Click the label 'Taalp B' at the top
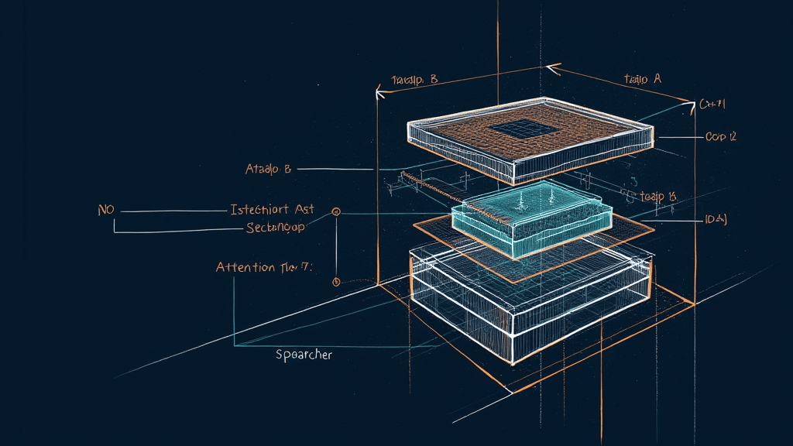[x=414, y=79]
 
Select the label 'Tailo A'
[x=642, y=79]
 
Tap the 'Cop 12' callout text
[x=720, y=137]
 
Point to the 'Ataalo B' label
[x=268, y=169]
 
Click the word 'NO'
[x=106, y=210]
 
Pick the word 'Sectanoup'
[x=276, y=228]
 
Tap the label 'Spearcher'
[x=304, y=355]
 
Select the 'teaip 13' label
[x=658, y=197]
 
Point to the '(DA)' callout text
[x=715, y=220]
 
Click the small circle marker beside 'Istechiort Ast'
[x=336, y=211]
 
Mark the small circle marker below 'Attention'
[x=336, y=282]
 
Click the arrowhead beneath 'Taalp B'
[x=379, y=94]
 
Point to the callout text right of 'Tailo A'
[x=711, y=104]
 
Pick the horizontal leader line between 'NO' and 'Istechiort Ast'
[x=174, y=211]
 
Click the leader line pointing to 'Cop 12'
[x=678, y=137]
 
